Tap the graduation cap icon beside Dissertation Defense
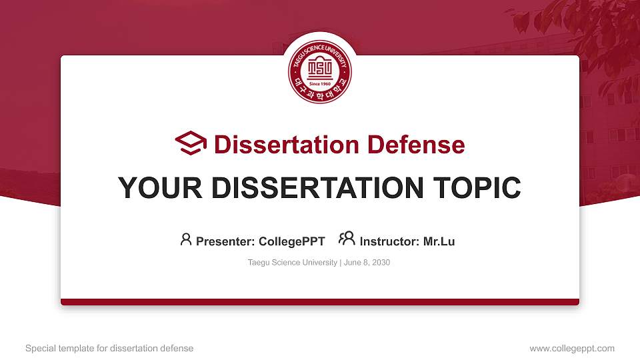coord(191,143)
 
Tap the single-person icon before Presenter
coord(186,239)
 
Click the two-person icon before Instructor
coord(346,239)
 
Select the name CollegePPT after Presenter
coord(291,241)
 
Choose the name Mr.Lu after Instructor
coord(439,241)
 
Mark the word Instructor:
coord(389,241)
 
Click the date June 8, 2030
coord(367,263)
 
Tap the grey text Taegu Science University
coord(292,263)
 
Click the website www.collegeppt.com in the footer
coord(571,348)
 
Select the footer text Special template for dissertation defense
coord(109,348)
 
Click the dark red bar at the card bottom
coord(320,302)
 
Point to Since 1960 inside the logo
coord(320,84)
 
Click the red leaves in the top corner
coord(587,27)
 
